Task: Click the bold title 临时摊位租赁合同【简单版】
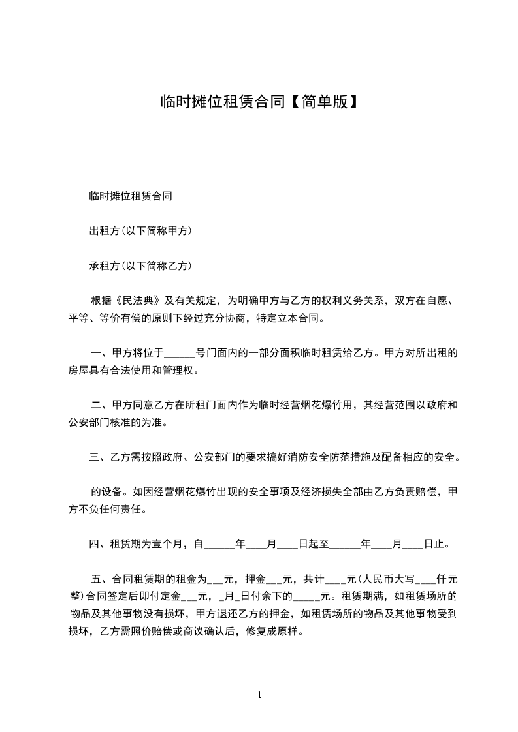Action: [259, 102]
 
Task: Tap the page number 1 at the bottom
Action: [259, 695]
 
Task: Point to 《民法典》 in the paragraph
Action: [138, 301]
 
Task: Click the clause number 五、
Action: [101, 579]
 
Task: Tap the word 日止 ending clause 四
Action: [434, 543]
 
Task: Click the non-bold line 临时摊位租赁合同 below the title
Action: [131, 196]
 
